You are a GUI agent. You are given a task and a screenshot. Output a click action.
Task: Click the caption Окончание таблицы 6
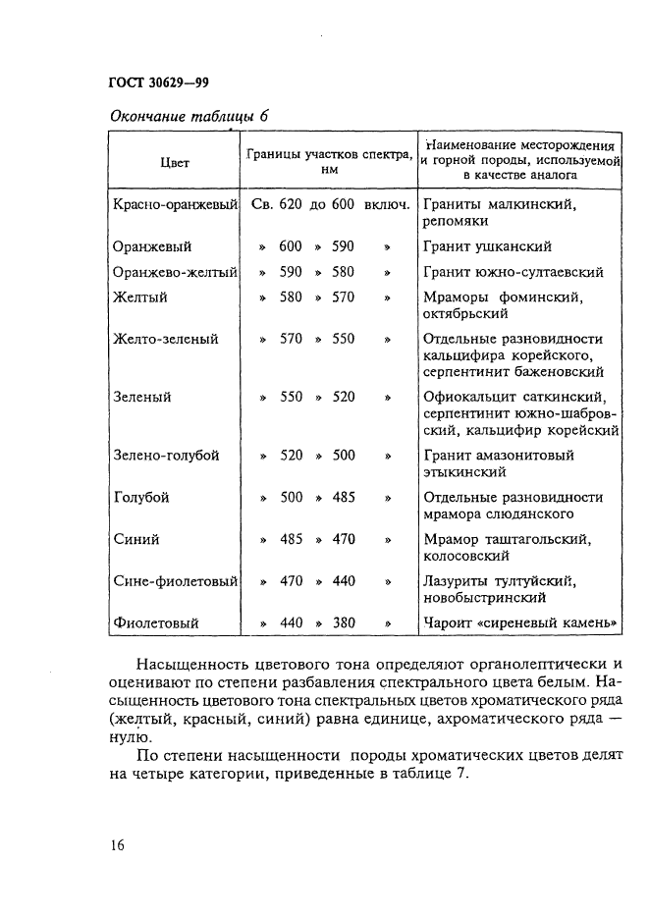point(187,115)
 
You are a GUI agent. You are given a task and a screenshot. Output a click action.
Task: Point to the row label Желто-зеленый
point(165,339)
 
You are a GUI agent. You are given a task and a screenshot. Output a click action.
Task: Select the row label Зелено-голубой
point(166,456)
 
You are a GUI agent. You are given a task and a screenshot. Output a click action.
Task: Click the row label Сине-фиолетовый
point(175,581)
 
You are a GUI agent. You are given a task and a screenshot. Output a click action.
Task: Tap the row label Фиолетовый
point(155,622)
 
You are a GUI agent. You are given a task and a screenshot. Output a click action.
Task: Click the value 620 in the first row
point(291,205)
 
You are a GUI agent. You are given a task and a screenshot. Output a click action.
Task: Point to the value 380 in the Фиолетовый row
point(343,622)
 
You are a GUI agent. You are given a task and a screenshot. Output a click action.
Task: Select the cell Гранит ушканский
point(487,246)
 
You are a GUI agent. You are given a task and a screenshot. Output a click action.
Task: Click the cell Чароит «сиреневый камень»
point(520,622)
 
